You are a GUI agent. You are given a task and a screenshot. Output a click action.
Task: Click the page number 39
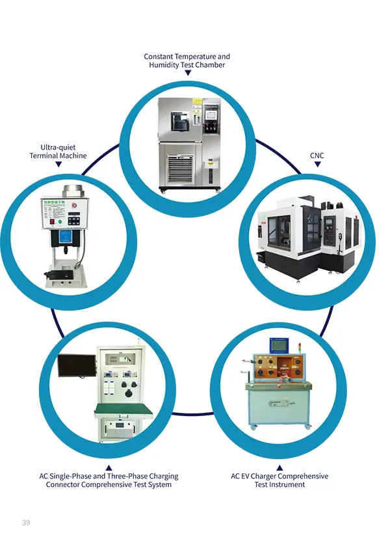pos(26,523)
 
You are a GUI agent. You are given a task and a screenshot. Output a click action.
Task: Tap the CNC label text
pos(317,156)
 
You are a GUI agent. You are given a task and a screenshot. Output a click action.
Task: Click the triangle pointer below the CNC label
pos(317,165)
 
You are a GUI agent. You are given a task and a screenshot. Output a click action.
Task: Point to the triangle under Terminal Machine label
pos(58,165)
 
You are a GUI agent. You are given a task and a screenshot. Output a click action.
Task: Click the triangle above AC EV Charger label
pos(279,468)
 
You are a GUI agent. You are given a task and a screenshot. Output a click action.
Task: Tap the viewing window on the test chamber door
pos(179,120)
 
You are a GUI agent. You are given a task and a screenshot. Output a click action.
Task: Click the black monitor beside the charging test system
pos(76,366)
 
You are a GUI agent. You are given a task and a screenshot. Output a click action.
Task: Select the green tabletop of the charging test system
pos(123,410)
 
